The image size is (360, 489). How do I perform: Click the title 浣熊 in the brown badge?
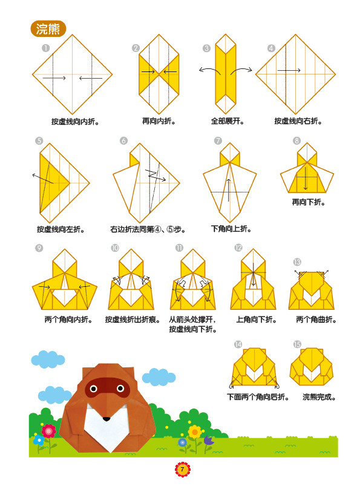[48, 29]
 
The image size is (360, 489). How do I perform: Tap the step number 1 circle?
[45, 48]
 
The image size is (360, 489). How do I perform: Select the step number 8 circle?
[296, 140]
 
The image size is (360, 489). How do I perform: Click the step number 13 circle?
[297, 262]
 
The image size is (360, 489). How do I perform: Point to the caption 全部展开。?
[227, 121]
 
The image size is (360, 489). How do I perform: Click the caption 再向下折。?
[309, 202]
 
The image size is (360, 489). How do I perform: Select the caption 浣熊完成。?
[319, 397]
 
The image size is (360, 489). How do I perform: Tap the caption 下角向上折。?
[231, 229]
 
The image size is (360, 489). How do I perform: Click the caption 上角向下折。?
[256, 320]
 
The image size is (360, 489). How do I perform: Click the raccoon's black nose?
[106, 419]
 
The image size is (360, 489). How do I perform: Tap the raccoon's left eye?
[94, 389]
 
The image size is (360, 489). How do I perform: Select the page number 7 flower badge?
[182, 470]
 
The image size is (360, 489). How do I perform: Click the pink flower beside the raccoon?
[48, 432]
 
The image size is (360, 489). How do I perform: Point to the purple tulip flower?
[209, 441]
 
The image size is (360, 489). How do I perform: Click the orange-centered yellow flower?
[195, 432]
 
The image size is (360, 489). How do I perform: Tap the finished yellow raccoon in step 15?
[312, 367]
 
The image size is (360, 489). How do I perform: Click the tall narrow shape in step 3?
[225, 74]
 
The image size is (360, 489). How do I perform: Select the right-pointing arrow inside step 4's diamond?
[289, 70]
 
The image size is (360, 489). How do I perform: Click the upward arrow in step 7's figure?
[229, 190]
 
